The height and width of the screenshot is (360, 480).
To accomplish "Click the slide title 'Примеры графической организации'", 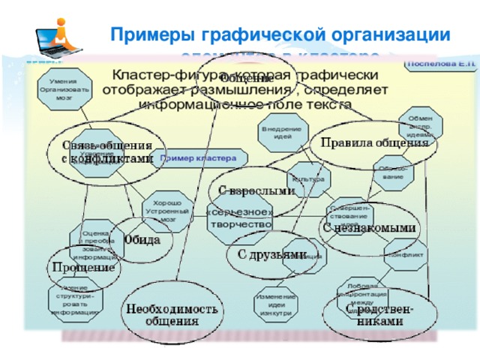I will pos(280,35).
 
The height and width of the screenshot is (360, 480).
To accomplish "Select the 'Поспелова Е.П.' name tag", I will pos(440,64).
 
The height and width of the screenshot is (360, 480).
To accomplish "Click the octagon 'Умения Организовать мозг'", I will pos(68,85).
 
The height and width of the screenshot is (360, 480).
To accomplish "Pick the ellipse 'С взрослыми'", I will pos(256,190).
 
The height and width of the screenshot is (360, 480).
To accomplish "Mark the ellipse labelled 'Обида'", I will pos(142,241).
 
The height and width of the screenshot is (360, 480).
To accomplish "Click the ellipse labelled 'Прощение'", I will pos(83,268).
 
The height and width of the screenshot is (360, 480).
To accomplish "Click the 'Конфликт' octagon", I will pos(406,255).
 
